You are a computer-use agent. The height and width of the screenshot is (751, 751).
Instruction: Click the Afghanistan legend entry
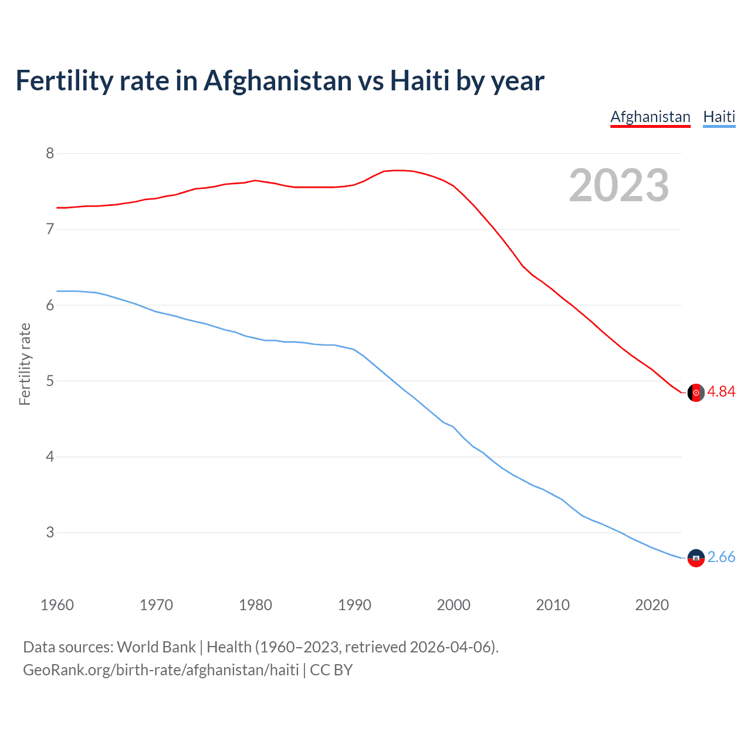[650, 117]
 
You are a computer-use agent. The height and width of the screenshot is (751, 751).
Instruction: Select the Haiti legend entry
[719, 117]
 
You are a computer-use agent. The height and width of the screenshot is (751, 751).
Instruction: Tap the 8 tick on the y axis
[50, 154]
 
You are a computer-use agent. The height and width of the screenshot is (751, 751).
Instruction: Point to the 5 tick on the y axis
[50, 381]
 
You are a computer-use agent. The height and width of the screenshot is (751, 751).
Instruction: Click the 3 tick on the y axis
[50, 533]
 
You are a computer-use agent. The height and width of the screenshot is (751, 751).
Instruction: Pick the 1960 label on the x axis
[57, 605]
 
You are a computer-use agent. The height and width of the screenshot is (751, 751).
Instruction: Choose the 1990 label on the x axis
[354, 605]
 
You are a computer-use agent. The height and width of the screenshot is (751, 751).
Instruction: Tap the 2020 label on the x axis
[652, 605]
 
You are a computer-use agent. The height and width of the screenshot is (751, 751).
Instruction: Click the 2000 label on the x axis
[454, 605]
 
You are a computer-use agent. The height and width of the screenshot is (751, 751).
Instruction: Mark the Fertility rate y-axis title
[25, 364]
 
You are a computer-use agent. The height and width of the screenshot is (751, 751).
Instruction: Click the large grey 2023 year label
[619, 185]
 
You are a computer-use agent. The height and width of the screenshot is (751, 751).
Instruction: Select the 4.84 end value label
[721, 392]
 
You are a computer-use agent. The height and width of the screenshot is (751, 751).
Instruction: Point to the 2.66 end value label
[721, 557]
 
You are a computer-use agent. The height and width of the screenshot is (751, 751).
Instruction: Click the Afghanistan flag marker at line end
[696, 393]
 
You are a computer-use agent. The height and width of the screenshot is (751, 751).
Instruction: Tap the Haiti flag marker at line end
[696, 558]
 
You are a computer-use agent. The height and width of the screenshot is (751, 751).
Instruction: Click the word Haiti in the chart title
[420, 80]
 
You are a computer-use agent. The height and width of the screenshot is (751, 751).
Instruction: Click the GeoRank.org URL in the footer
[161, 670]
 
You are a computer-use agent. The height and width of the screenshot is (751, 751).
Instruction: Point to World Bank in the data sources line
[156, 647]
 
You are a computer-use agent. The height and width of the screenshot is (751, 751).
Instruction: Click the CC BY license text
[331, 670]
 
